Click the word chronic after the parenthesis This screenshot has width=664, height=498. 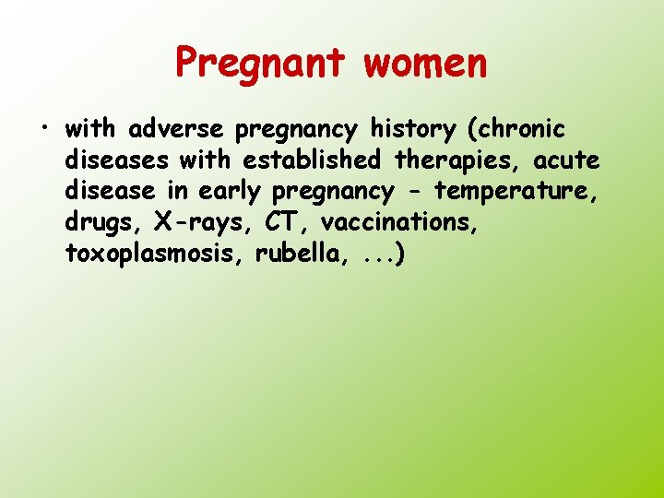pyautogui.click(x=521, y=129)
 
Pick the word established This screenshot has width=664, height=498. pyautogui.click(x=312, y=160)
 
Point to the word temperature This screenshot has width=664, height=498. pyautogui.click(x=523, y=192)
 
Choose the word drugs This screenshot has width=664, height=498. pyautogui.click(x=99, y=222)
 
